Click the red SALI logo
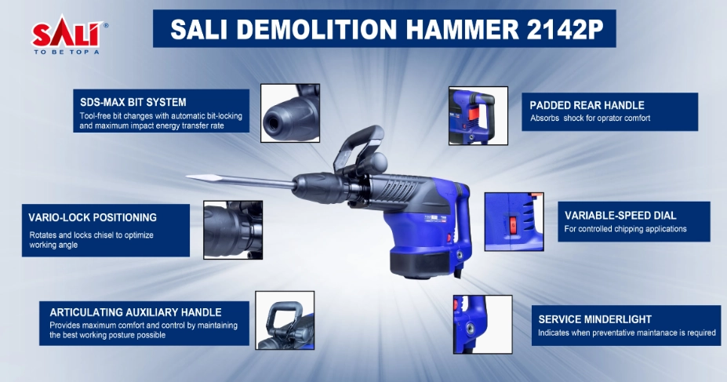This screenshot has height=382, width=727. click(67, 34)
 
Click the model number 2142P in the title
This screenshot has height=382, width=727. click(565, 29)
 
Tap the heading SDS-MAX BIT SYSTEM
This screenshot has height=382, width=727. click(133, 102)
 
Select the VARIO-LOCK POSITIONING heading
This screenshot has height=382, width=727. click(93, 217)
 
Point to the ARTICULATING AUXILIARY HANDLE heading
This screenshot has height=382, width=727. click(136, 312)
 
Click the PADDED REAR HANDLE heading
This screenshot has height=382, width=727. click(587, 105)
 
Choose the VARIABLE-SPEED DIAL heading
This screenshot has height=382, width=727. click(620, 215)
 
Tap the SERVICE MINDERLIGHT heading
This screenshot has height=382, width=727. click(595, 319)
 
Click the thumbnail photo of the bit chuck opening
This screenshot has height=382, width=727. click(290, 113)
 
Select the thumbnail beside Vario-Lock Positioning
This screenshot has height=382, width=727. click(233, 230)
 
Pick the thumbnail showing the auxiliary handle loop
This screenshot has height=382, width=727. click(285, 320)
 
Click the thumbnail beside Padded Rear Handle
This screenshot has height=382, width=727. click(478, 115)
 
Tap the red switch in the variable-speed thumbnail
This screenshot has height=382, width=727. click(513, 225)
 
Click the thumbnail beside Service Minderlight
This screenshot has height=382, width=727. click(482, 325)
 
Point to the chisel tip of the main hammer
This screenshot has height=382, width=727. click(187, 176)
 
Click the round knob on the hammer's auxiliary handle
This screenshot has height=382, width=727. click(376, 163)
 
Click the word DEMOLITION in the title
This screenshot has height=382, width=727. click(317, 29)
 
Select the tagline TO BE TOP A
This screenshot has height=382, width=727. click(67, 52)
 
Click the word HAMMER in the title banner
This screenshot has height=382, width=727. click(462, 29)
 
